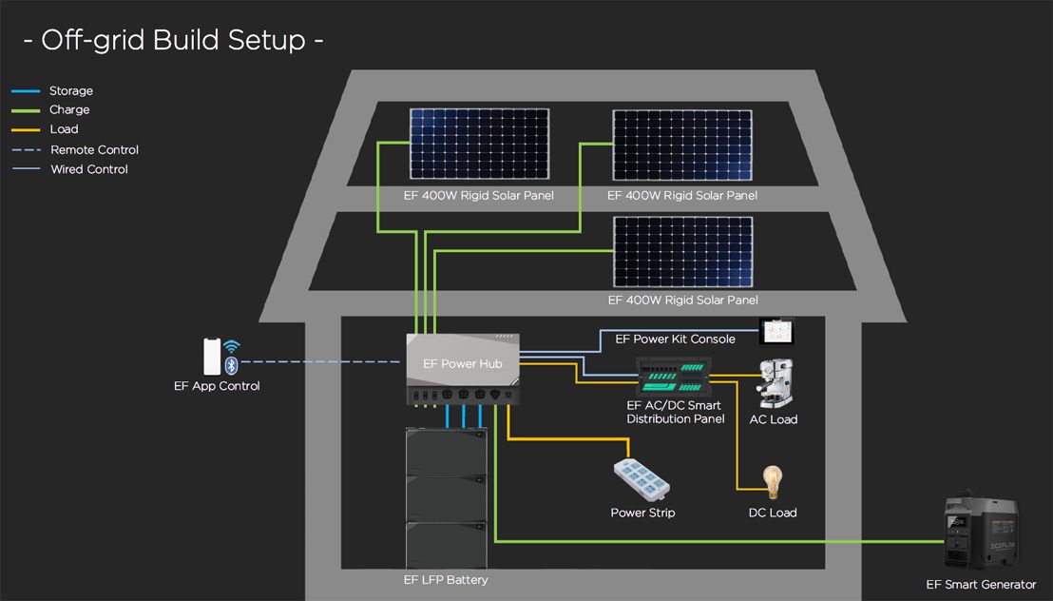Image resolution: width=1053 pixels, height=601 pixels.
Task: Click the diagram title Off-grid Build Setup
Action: click(173, 41)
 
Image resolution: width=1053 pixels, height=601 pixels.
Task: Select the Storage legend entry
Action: click(70, 91)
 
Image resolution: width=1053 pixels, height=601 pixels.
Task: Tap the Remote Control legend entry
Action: click(93, 150)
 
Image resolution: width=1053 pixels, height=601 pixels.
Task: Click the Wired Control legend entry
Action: click(88, 169)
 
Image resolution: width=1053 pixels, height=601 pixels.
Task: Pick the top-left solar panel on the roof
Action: click(481, 144)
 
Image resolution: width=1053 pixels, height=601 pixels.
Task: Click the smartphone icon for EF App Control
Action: click(211, 357)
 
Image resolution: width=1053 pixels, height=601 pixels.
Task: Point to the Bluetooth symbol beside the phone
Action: click(231, 366)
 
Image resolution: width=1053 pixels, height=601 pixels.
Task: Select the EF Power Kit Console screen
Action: click(775, 331)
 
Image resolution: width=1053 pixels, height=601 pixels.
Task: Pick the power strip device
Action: click(642, 478)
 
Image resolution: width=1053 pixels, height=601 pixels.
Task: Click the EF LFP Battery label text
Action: click(446, 580)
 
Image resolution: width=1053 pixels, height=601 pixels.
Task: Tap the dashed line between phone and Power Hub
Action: click(323, 362)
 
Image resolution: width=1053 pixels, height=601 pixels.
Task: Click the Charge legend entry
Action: click(69, 110)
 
